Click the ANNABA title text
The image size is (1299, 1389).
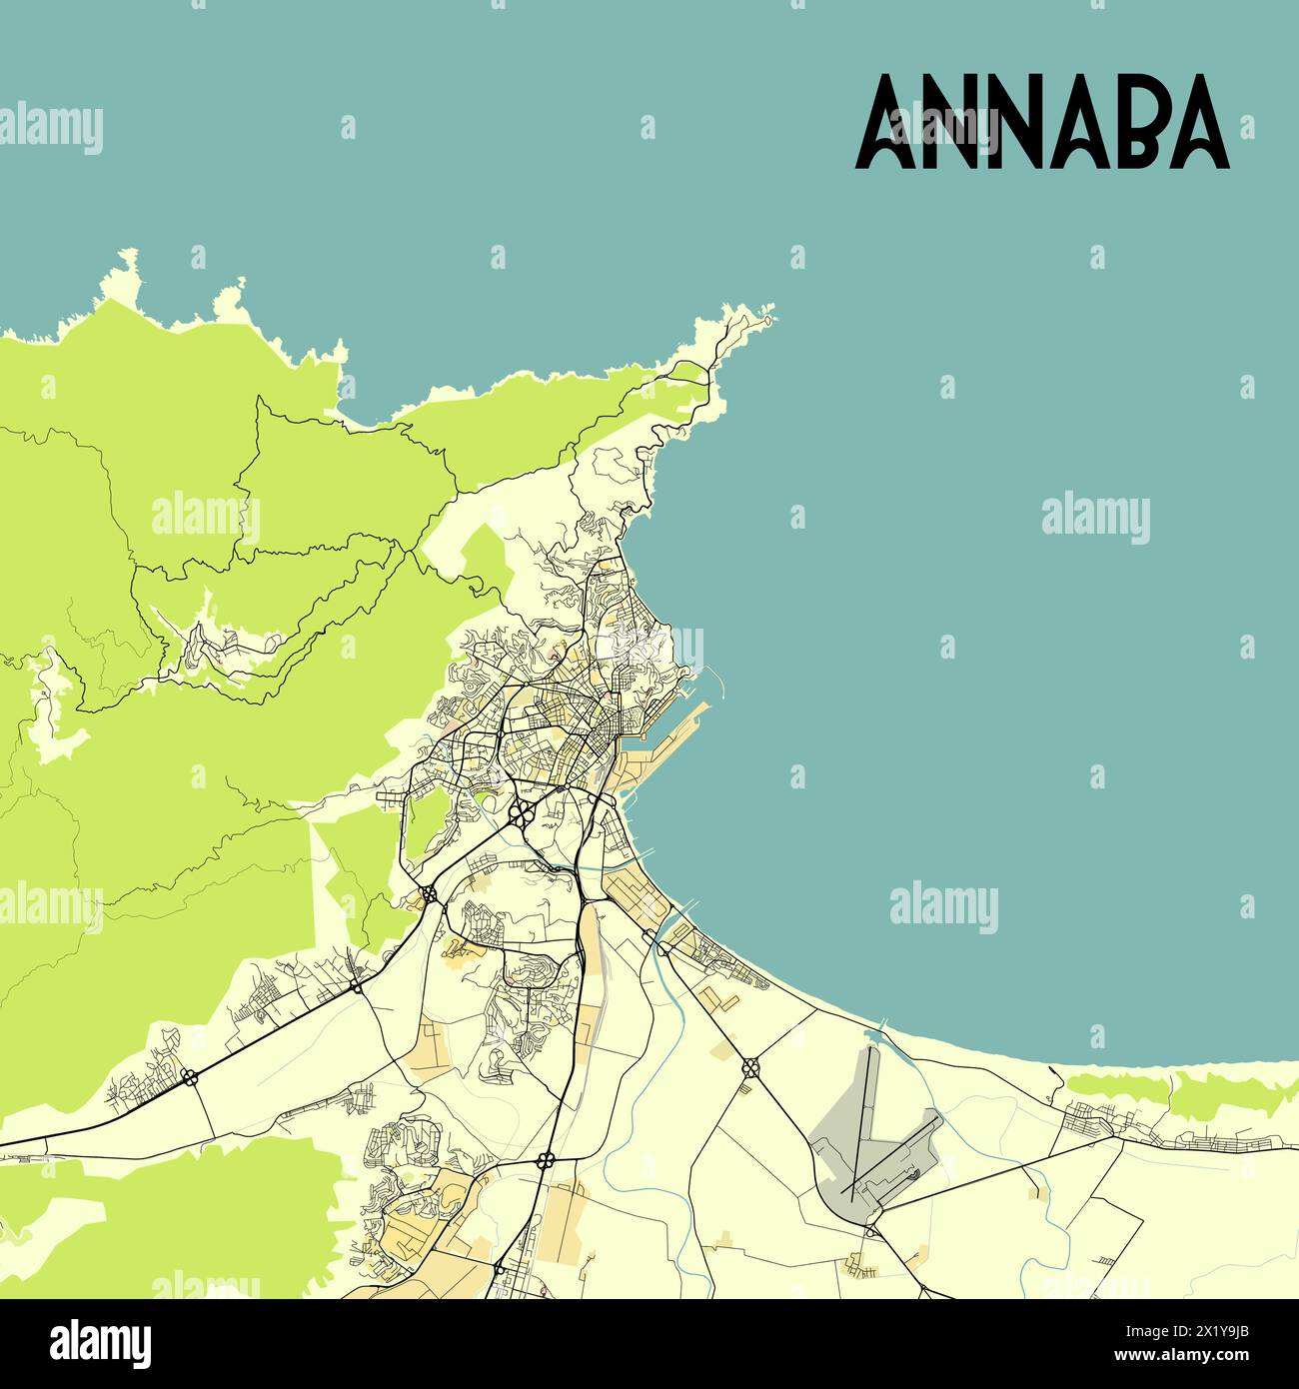1042,122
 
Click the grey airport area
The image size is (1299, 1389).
849,1139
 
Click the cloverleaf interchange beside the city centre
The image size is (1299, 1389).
520,812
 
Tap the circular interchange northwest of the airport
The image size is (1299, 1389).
749,1067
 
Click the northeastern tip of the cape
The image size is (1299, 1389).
767,321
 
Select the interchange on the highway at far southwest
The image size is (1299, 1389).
189,1076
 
